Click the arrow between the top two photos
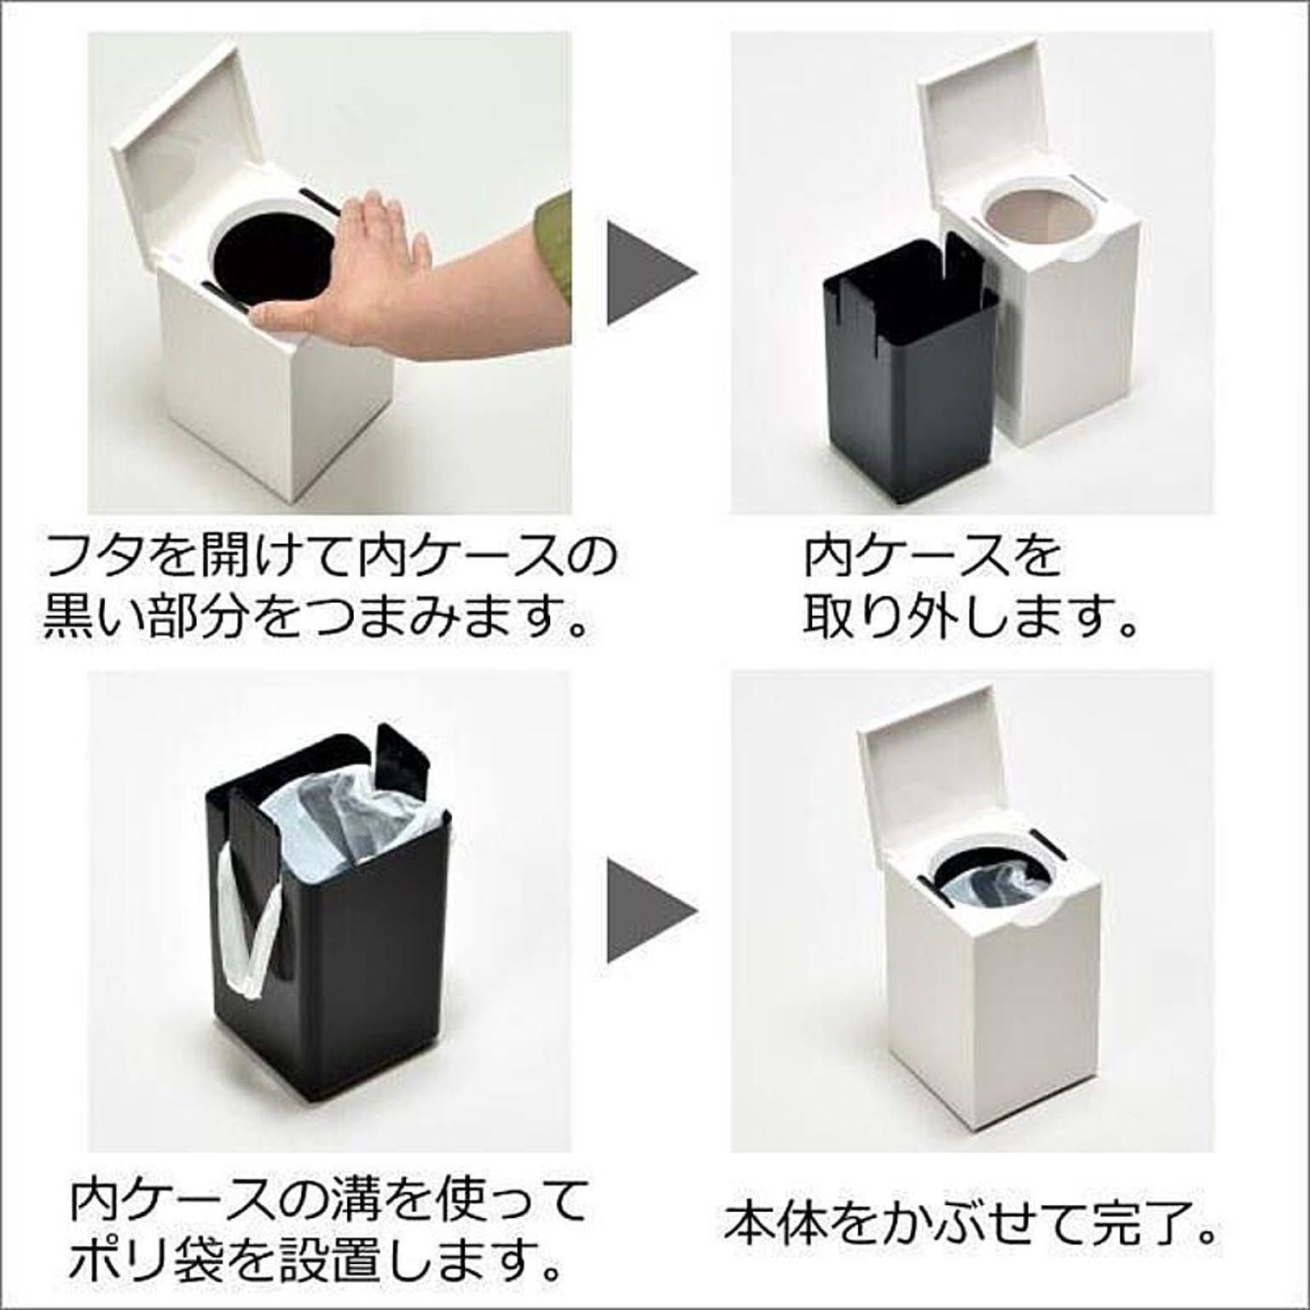click(x=652, y=273)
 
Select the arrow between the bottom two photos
click(x=652, y=910)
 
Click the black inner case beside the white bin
click(x=908, y=358)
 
